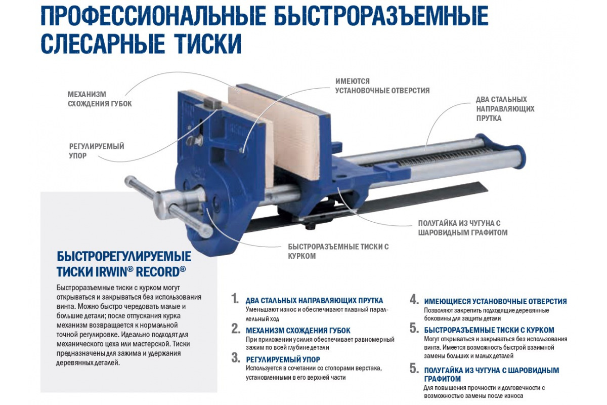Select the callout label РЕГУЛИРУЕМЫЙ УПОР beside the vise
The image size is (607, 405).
97,151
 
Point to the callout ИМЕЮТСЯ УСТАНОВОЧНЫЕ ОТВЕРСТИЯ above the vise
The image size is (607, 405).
382,86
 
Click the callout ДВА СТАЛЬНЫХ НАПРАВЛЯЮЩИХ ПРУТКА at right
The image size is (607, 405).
505,109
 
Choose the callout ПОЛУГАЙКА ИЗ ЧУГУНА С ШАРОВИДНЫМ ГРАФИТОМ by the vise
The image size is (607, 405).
462,228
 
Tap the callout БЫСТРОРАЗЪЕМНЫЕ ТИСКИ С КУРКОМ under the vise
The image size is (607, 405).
338,251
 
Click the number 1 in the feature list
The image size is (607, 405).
235,299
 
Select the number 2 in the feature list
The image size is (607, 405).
235,329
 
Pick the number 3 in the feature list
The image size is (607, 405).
235,358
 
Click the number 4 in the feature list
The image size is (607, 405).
414,299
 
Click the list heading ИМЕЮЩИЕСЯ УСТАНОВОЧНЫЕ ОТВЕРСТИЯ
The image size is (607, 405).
495,301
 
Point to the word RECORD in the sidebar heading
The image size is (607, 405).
161,271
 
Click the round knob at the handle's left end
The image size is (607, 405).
131,181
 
